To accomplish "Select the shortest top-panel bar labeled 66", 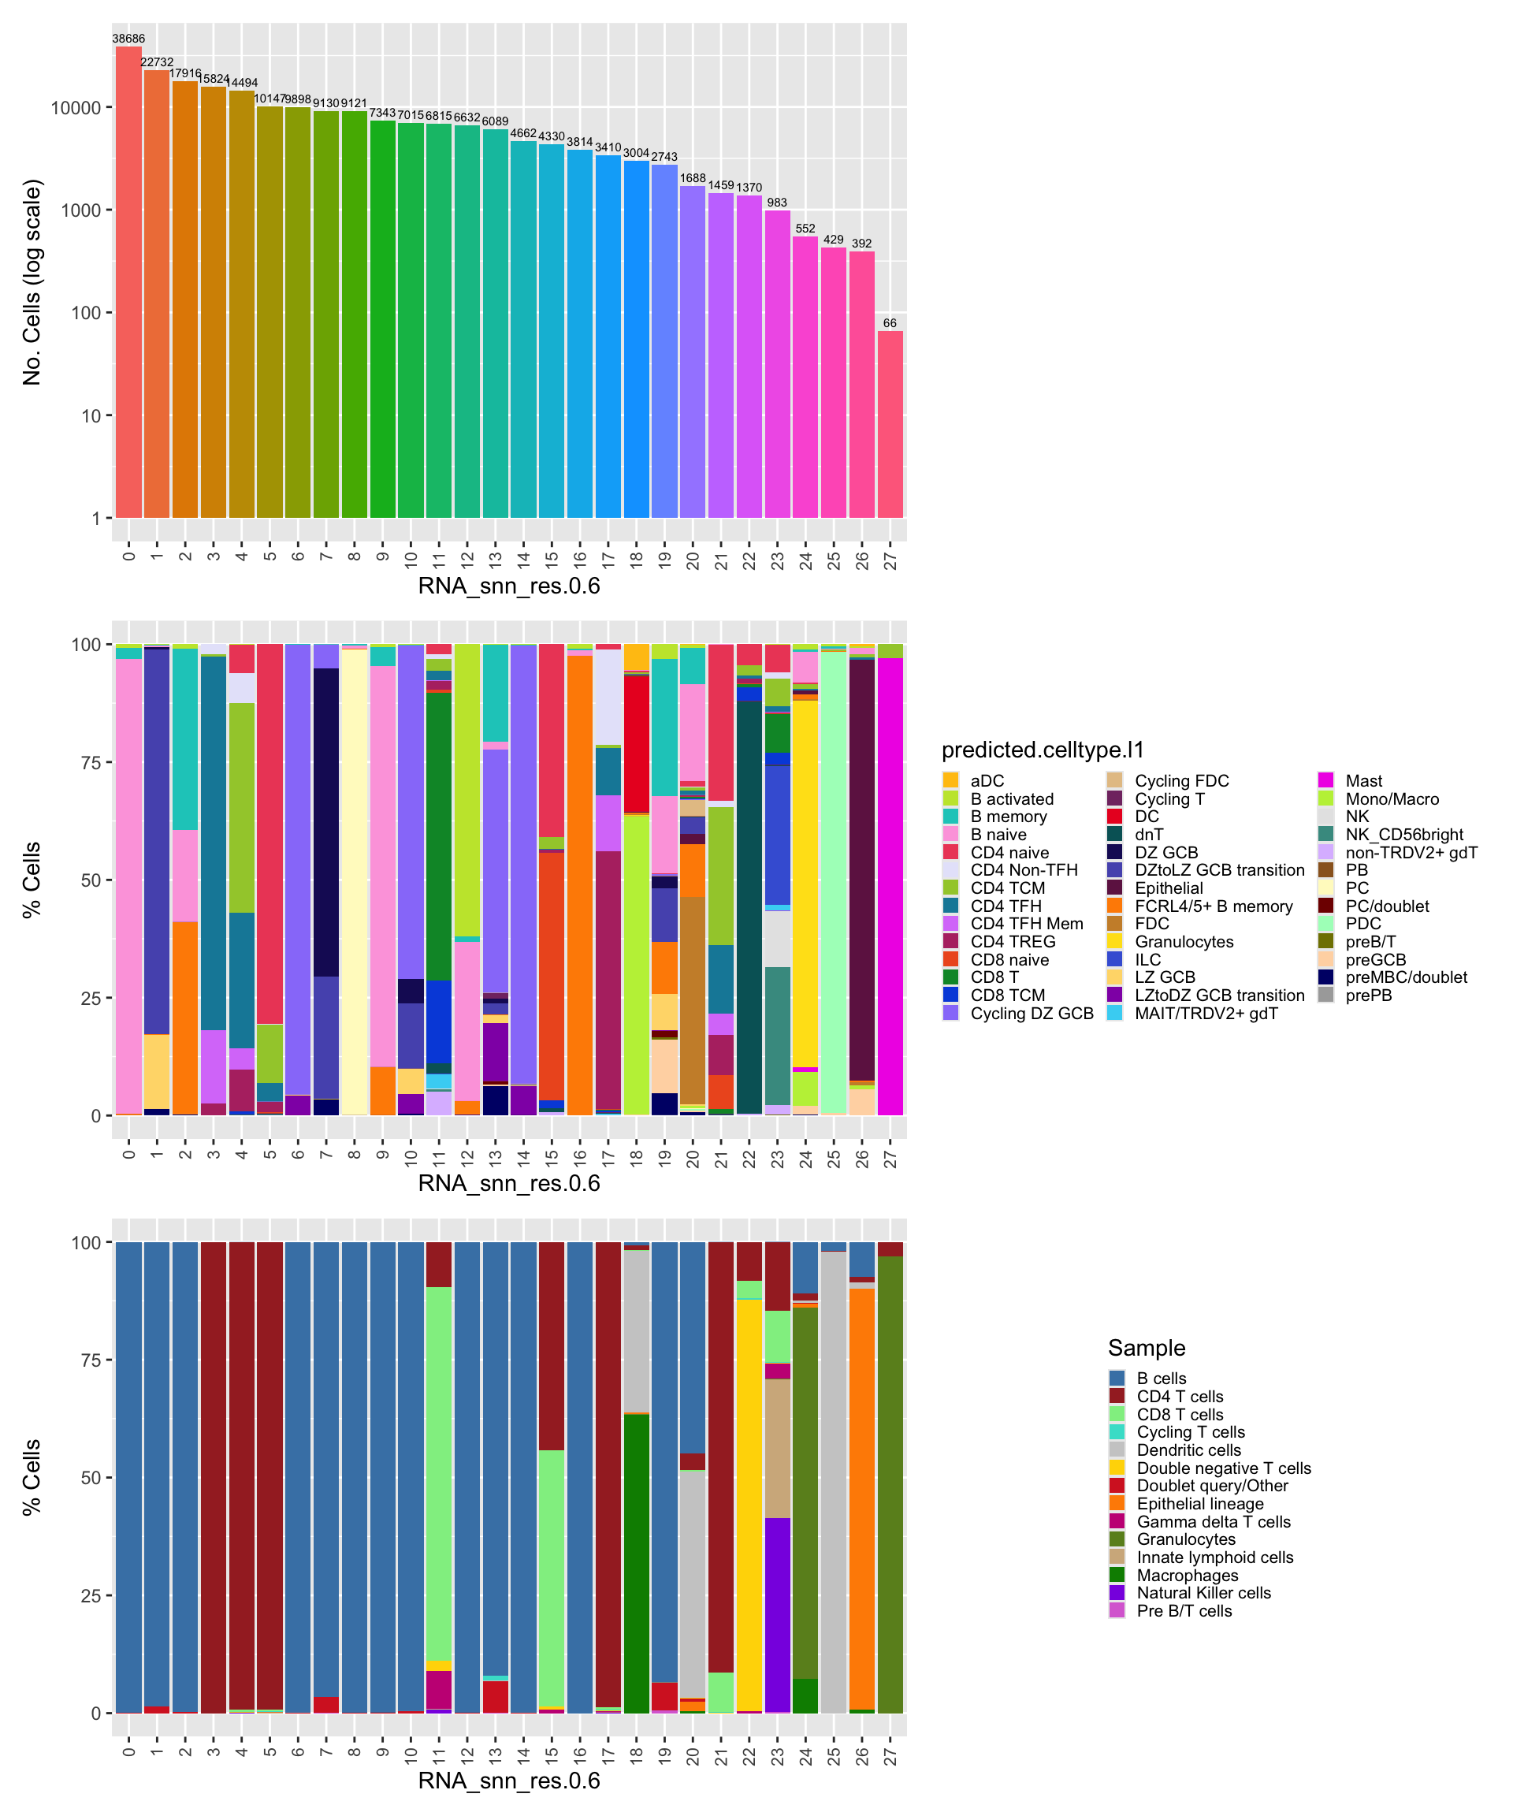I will (x=890, y=424).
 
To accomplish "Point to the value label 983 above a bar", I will (x=776, y=203).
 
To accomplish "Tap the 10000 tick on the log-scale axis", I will (x=76, y=108).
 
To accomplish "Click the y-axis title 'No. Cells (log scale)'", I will (x=32, y=282).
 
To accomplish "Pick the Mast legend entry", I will (x=1363, y=781).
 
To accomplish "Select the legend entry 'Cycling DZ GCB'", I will (x=1032, y=1014).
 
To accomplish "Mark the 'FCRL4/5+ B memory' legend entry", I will (x=1213, y=906).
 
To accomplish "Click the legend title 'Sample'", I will (x=1147, y=1348).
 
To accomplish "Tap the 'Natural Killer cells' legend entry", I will (x=1203, y=1593).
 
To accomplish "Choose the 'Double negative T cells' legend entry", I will (x=1223, y=1468).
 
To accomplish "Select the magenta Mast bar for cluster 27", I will (x=890, y=887).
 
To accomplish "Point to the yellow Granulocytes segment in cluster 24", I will (x=805, y=882).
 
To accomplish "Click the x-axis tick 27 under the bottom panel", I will (x=890, y=1756).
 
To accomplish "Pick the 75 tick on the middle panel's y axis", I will (x=91, y=763).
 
